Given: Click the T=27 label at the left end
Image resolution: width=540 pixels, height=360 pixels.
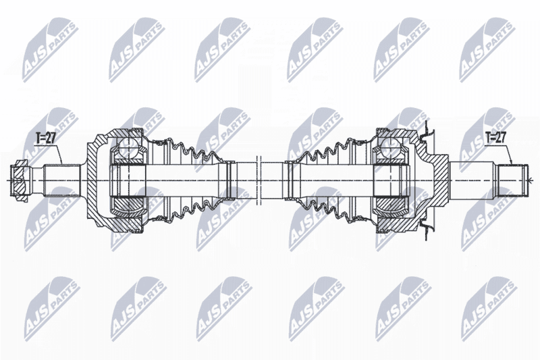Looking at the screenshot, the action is tap(46, 139).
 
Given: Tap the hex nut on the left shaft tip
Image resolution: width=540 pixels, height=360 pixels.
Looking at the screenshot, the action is tap(19, 180).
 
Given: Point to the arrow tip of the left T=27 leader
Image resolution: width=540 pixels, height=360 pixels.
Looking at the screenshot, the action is tap(62, 164).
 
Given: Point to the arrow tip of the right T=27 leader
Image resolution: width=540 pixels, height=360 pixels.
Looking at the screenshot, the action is tap(512, 164).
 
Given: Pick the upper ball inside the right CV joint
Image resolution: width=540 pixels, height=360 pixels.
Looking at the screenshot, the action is tap(393, 148).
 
